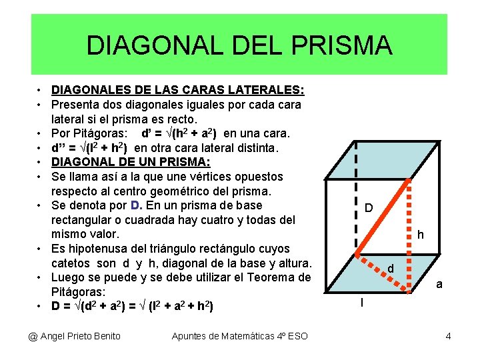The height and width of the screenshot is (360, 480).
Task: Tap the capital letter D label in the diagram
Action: tap(368, 209)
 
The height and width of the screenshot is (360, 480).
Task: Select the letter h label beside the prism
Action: tap(420, 235)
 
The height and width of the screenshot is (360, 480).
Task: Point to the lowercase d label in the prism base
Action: tap(391, 269)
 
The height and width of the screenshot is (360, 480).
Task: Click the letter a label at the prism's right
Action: tap(439, 285)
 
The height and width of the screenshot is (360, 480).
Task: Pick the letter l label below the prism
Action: tap(362, 303)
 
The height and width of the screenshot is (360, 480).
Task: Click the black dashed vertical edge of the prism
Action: tap(355, 200)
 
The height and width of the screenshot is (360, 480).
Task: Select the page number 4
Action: tap(448, 336)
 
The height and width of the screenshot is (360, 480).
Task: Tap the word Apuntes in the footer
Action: tap(189, 336)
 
